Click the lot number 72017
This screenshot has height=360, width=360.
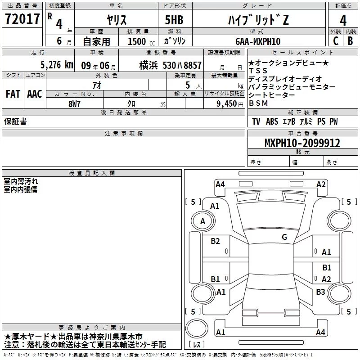22,18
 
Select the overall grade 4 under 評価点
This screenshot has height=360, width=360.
343,21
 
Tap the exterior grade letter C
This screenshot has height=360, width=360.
336,41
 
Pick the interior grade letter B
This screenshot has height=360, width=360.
350,41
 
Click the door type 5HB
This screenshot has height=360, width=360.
174,20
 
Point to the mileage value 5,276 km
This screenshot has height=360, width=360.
57,65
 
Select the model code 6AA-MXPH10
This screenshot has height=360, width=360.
258,41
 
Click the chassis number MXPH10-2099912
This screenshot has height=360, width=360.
302,143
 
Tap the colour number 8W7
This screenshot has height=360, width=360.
74,104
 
